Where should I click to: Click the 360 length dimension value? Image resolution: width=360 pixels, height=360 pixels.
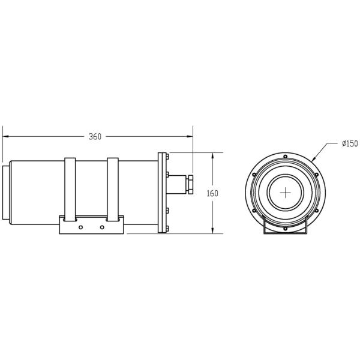point(95,137)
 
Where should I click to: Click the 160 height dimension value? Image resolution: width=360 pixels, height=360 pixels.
point(212,194)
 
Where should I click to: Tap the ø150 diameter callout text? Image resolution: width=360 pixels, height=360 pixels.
point(350,144)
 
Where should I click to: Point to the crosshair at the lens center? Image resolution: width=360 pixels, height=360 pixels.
point(286,193)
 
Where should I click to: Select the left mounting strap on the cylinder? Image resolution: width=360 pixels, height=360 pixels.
point(70,190)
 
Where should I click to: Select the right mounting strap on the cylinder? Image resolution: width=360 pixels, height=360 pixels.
point(113,190)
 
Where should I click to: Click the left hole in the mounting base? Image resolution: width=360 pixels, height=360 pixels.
point(80,227)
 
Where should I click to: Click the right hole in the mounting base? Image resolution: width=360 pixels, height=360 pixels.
point(102,227)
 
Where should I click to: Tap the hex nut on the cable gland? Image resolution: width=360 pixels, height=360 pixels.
point(190,184)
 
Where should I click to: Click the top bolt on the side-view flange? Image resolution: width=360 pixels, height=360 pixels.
point(167,157)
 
